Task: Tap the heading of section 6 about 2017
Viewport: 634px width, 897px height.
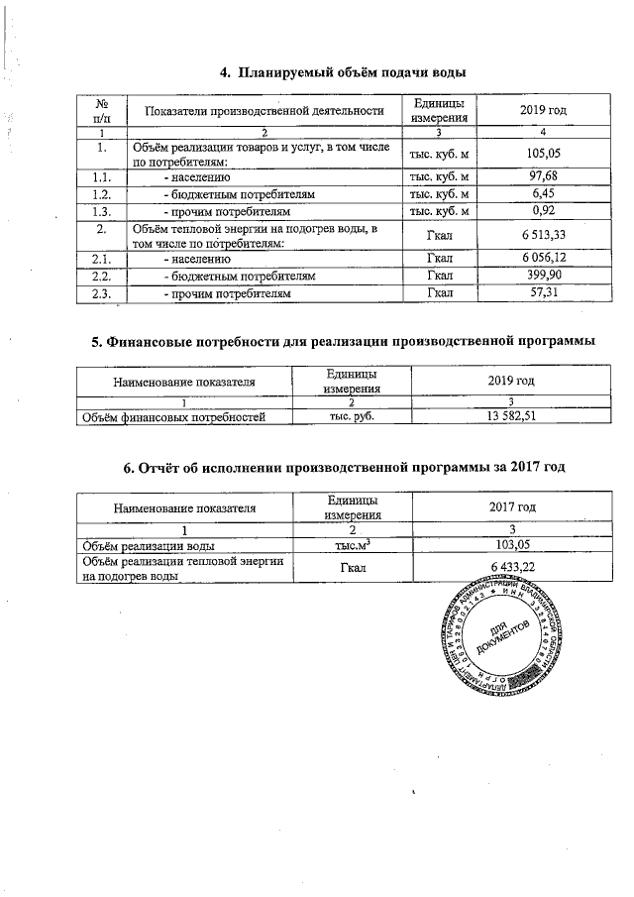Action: click(x=343, y=468)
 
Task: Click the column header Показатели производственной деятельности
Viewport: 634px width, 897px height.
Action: click(x=264, y=110)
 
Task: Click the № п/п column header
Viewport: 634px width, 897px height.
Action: click(x=102, y=110)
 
